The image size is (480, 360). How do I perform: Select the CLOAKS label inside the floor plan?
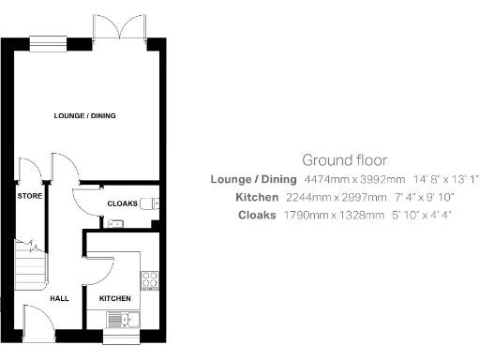click(122, 203)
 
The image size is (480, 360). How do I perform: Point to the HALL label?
click(60, 298)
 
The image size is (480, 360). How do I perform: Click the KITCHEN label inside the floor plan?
click(114, 298)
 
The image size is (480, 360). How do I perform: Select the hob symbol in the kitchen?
click(148, 278)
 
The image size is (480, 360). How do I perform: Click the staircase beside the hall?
click(30, 262)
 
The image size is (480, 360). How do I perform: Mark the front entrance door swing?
click(38, 322)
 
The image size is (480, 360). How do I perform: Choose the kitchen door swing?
click(97, 271)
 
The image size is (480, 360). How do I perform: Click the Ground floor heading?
click(344, 160)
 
